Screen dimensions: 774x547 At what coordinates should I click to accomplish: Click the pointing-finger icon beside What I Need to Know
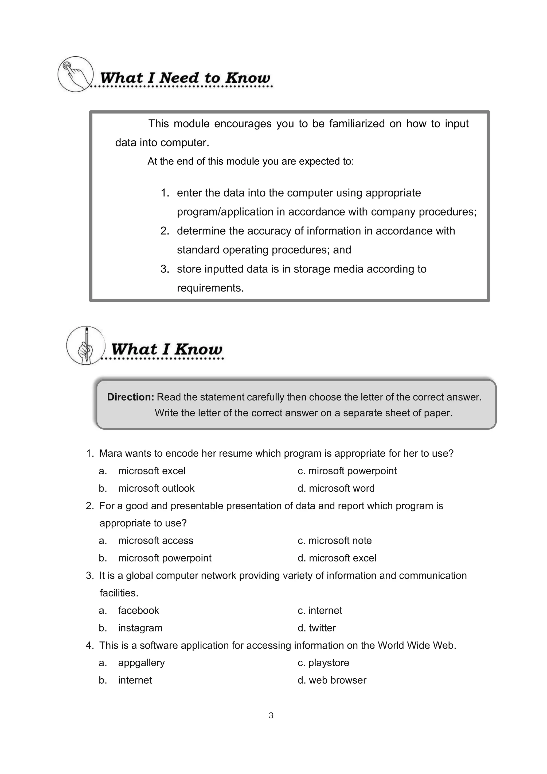pos(75,74)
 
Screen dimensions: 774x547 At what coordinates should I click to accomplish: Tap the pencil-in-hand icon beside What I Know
pos(86,345)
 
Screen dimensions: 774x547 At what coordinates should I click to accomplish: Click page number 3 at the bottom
pos(271,715)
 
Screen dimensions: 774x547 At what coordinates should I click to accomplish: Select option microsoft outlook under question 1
pos(156,488)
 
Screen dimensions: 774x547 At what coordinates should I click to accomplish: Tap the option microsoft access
pos(156,540)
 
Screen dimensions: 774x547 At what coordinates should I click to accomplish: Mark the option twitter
pos(322,628)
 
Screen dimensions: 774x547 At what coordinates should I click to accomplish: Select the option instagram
pos(140,628)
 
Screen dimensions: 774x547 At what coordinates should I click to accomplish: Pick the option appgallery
pos(142,663)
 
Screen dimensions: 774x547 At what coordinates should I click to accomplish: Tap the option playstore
pos(329,663)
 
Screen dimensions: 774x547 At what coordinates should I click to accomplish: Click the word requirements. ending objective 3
pos(210,288)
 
